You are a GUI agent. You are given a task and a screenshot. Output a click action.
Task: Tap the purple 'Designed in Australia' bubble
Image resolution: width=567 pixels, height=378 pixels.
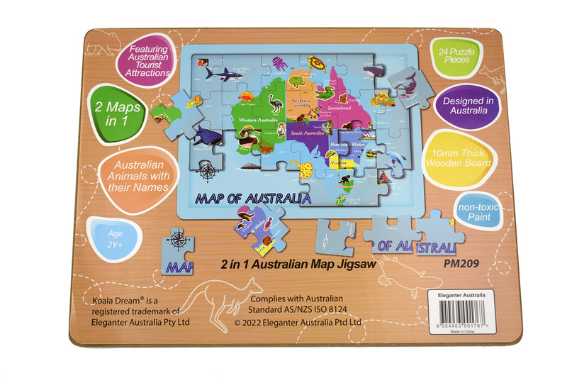point(466,106)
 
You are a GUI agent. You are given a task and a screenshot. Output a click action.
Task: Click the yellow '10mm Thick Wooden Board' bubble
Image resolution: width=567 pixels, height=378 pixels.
point(467,157)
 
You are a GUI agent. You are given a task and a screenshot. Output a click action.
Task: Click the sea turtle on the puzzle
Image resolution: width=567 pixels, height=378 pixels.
point(315,65)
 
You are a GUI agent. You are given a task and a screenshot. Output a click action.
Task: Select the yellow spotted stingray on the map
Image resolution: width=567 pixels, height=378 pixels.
point(301,169)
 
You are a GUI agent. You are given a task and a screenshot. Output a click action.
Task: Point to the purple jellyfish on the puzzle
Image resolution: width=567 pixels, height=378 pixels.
point(279,62)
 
